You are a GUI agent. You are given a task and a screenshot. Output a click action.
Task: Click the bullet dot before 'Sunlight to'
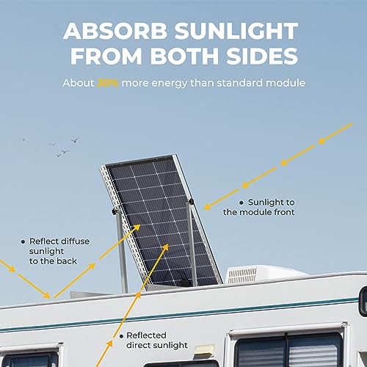pyautogui.click(x=241, y=202)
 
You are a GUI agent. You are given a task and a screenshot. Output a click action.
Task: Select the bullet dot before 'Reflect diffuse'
pyautogui.click(x=22, y=241)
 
